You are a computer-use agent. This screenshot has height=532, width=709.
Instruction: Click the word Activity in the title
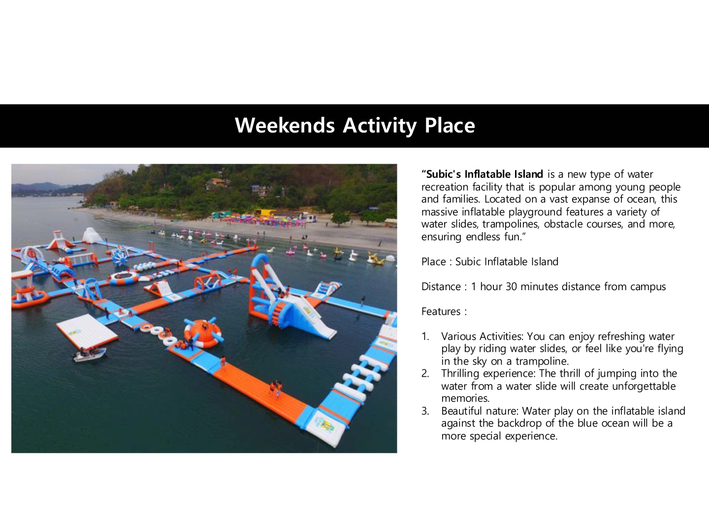[x=380, y=126]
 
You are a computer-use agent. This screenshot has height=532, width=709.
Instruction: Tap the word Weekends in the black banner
[x=285, y=125]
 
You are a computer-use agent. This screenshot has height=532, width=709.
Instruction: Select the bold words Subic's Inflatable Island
[x=484, y=174]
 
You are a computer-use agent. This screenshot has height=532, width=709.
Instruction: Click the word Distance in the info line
[x=441, y=287]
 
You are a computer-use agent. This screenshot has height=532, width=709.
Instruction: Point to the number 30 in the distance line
[x=512, y=287]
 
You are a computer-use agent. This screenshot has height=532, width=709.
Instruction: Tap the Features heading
[x=444, y=311]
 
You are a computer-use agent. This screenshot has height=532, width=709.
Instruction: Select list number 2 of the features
[x=425, y=374]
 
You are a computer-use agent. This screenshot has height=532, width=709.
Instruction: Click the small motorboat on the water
[x=90, y=355]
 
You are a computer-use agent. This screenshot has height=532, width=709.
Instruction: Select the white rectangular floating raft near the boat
[x=87, y=332]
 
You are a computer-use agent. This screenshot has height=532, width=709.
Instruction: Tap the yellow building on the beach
[x=264, y=212]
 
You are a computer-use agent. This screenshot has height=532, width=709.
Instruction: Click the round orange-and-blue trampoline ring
[x=124, y=278]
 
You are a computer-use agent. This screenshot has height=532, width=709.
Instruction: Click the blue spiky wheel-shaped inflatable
[x=120, y=256]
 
